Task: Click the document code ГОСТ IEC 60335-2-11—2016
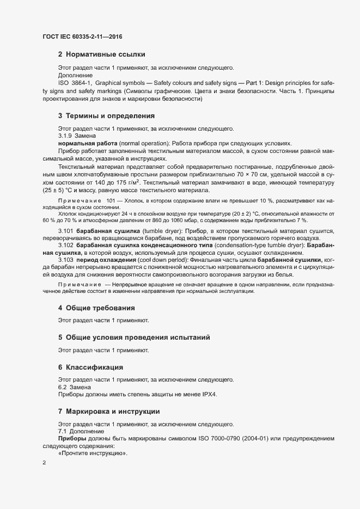click(82, 36)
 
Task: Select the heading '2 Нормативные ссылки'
click(101, 54)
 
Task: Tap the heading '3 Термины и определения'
click(106, 116)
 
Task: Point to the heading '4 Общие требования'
click(97, 308)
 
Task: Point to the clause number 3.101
click(66, 232)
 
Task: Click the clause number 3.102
click(66, 246)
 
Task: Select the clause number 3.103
click(66, 260)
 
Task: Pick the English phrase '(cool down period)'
click(145, 260)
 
